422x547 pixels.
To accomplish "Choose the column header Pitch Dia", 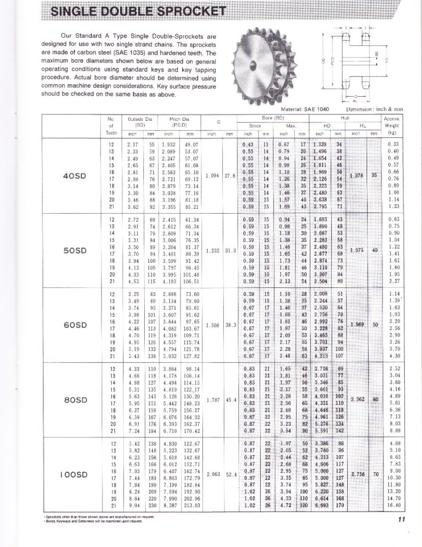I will point(178,121).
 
